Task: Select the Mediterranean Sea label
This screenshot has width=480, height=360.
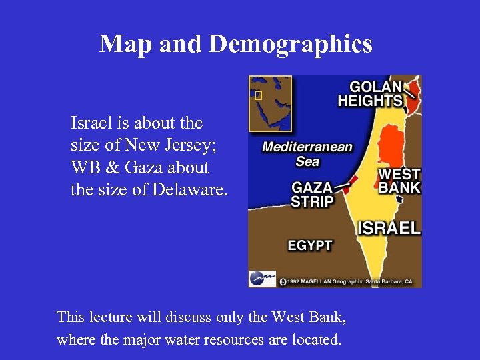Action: coord(307,154)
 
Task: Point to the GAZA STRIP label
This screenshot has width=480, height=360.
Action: coord(311,194)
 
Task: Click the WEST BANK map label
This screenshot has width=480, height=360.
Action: coord(399,181)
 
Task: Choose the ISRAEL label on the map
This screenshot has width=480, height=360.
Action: coord(389,228)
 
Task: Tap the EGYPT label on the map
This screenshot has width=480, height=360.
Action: coord(309,245)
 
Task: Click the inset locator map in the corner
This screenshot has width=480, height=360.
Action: coord(270,103)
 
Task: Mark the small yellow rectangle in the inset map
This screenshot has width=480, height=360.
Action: coord(259,95)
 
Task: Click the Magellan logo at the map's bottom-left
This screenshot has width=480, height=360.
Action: coord(262,278)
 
